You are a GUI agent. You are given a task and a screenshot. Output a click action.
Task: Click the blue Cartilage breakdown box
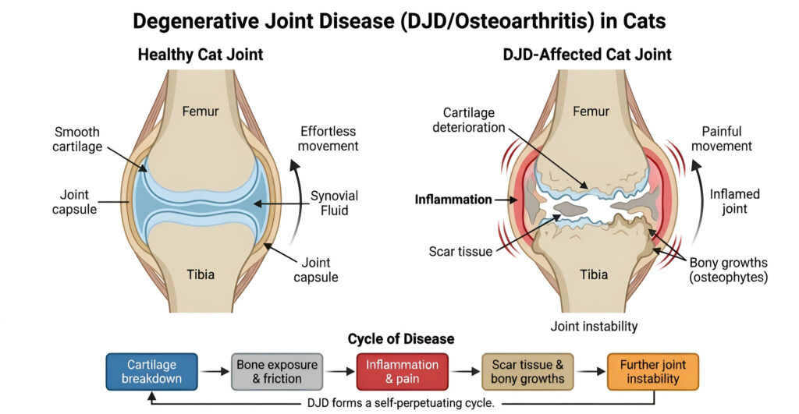coord(152,372)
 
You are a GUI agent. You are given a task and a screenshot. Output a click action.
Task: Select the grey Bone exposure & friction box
coord(277,372)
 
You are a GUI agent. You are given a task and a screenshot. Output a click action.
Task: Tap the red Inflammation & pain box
coord(403,372)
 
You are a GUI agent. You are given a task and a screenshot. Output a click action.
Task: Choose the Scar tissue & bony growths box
coord(527,372)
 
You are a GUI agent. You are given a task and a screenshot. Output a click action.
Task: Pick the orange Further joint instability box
coord(652,372)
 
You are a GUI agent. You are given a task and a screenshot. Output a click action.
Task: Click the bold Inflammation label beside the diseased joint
coord(453,200)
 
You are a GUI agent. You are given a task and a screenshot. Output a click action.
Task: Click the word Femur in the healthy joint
coord(200,111)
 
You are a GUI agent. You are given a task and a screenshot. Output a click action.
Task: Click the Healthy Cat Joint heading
coord(201,55)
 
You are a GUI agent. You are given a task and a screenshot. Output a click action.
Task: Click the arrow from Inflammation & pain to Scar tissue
coord(465,373)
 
